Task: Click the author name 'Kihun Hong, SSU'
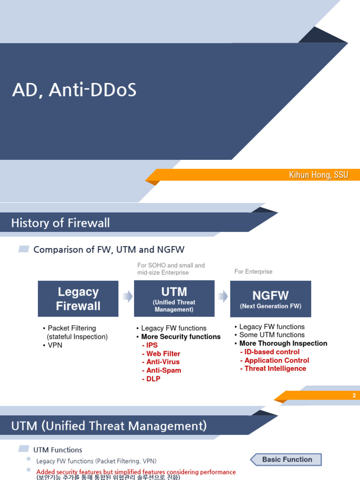(318, 175)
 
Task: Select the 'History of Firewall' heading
(60, 223)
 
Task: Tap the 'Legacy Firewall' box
(78, 299)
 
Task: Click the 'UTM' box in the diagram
(174, 298)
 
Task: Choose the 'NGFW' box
(270, 299)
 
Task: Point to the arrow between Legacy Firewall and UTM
(127, 296)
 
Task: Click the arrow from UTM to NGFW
(223, 296)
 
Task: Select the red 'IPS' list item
(152, 345)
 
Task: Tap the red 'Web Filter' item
(163, 354)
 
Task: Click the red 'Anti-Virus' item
(163, 362)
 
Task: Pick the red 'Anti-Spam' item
(163, 370)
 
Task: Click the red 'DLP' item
(153, 379)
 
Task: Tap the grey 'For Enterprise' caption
(253, 271)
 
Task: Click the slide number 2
(354, 396)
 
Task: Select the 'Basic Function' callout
(287, 459)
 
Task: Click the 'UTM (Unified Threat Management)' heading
(109, 426)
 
